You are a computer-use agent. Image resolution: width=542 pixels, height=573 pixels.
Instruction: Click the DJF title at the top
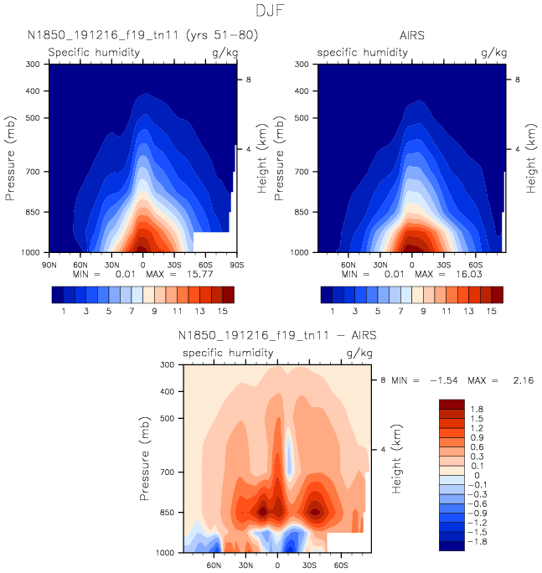[271, 11]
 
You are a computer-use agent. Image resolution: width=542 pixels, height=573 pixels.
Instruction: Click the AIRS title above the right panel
[410, 35]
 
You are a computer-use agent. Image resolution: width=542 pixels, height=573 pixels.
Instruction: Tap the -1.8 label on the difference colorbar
[477, 542]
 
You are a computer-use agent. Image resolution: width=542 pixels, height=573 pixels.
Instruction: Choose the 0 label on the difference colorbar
[474, 477]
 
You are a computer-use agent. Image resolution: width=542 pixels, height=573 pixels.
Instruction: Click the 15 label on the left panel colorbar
[222, 311]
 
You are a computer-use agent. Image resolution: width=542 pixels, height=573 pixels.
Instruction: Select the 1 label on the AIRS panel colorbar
[333, 311]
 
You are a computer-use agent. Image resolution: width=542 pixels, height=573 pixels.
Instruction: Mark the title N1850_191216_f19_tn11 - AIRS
[277, 336]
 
